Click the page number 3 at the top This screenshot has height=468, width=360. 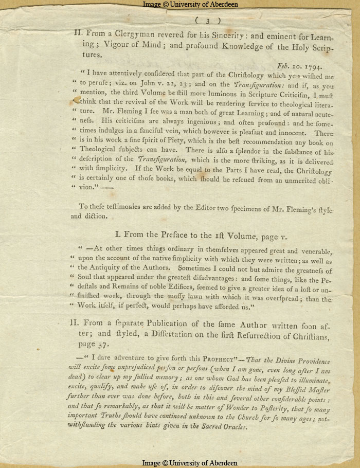point(208,21)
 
